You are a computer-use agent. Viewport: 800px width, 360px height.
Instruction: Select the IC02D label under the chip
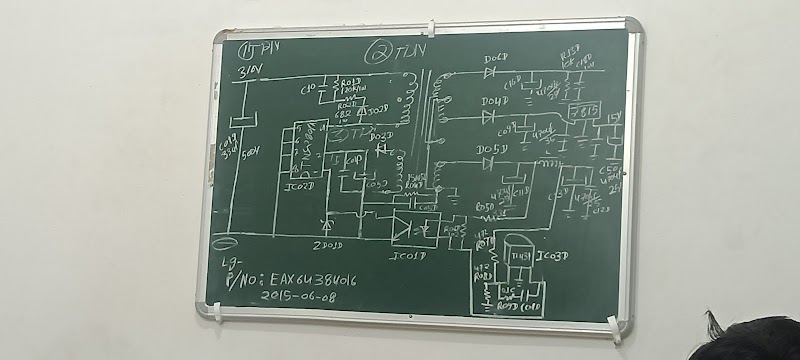pyautogui.click(x=300, y=186)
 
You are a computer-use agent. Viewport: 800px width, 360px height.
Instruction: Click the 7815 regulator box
pyautogui.click(x=582, y=112)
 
